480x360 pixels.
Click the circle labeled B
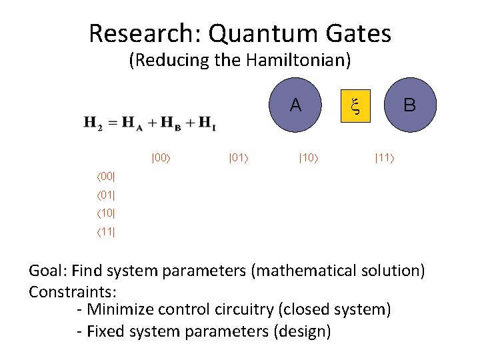click(409, 105)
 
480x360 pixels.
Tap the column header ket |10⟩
click(308, 158)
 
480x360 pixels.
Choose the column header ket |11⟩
click(385, 158)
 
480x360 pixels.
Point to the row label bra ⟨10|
click(105, 214)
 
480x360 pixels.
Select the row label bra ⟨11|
click(105, 233)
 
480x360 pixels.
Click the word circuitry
click(283, 310)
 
